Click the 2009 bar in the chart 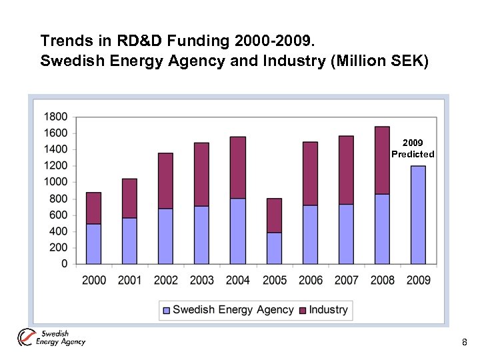point(418,215)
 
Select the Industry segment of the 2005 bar point(274,215)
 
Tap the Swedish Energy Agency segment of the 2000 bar point(93,244)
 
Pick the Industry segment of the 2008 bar point(382,160)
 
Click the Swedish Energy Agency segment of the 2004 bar point(238,231)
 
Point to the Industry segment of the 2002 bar point(165,181)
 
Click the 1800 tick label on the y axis point(55,117)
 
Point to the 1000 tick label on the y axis point(55,182)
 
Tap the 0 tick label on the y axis point(64,264)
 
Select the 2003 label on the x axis point(201,280)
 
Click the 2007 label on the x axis point(346,280)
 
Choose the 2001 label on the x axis point(129,280)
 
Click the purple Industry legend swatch point(302,310)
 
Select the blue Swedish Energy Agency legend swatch point(167,310)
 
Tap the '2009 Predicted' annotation point(413,149)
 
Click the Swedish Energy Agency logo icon point(27,338)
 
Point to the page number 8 point(465,343)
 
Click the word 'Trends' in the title point(61,41)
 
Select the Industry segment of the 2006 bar point(310,173)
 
